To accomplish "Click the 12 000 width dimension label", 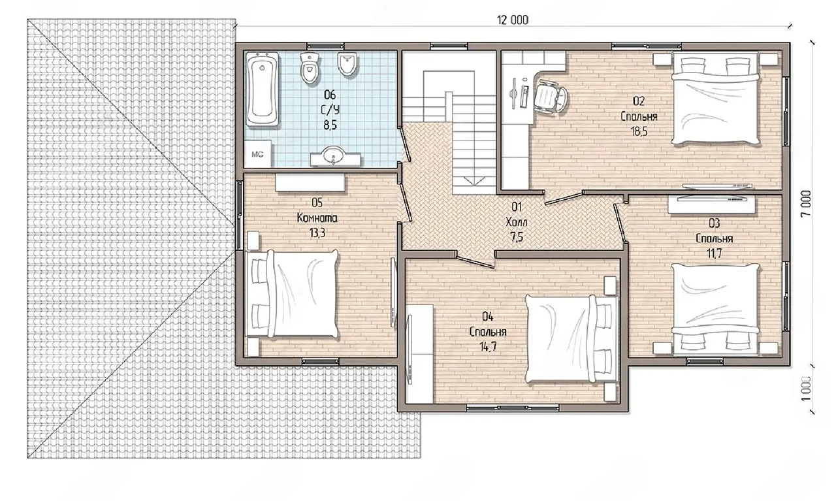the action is click(x=513, y=20).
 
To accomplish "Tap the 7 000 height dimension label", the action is click(x=806, y=203).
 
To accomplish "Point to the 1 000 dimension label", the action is click(x=806, y=389).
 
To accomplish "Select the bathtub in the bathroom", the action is click(x=262, y=89).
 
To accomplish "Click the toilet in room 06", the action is click(x=310, y=67).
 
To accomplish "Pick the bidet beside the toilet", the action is click(x=348, y=63).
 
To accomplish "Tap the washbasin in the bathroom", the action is click(x=335, y=156).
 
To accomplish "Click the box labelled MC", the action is click(x=257, y=154).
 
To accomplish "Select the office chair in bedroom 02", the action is click(x=551, y=97).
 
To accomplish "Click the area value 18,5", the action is click(x=639, y=131).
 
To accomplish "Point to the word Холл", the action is click(x=517, y=223).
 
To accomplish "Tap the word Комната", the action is click(x=317, y=218).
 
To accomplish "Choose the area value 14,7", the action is click(x=488, y=347).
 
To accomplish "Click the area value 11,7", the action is click(x=714, y=253).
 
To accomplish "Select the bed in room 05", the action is click(x=293, y=294).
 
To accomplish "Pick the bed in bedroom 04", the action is click(x=570, y=338).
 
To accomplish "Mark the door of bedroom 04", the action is click(x=475, y=261).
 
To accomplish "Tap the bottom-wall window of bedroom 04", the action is click(x=513, y=408).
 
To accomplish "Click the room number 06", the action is click(x=330, y=95).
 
